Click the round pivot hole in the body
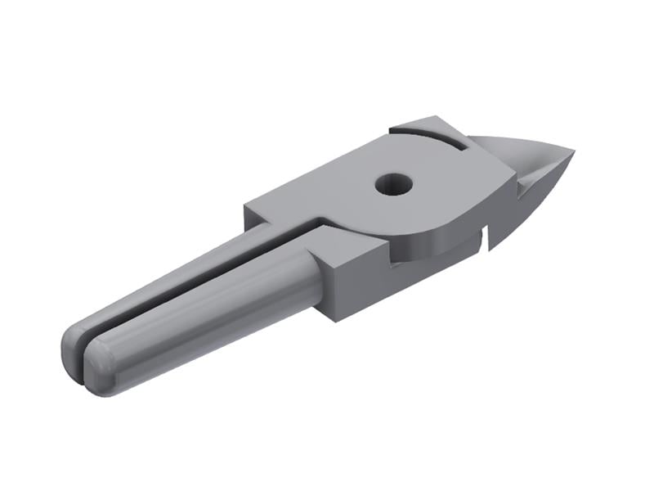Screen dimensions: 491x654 (x=392, y=183)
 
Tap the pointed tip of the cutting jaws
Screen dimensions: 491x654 (x=571, y=152)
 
